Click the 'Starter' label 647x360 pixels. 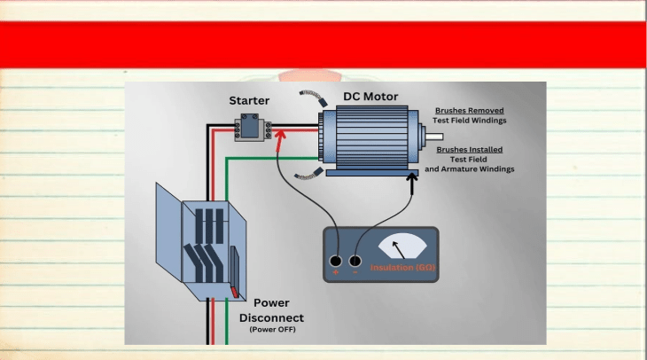(249, 100)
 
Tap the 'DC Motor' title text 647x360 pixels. (370, 96)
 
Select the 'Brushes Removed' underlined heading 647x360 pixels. (470, 111)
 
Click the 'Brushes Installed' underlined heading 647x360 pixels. (470, 150)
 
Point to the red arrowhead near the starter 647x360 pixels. (280, 135)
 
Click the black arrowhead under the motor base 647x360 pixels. (412, 178)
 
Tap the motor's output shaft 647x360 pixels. (434, 137)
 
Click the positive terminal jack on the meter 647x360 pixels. (336, 261)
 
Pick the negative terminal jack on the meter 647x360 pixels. (355, 261)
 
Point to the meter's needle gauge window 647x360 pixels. (402, 247)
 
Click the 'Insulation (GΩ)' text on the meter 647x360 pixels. (402, 268)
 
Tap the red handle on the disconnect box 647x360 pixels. (234, 292)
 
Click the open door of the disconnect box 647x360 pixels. (168, 232)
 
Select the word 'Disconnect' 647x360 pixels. (271, 318)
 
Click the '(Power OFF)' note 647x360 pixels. (272, 330)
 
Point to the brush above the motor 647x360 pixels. (314, 98)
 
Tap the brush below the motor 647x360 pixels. (308, 174)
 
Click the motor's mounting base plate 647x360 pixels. (372, 173)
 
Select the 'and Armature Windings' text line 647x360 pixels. (470, 169)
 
